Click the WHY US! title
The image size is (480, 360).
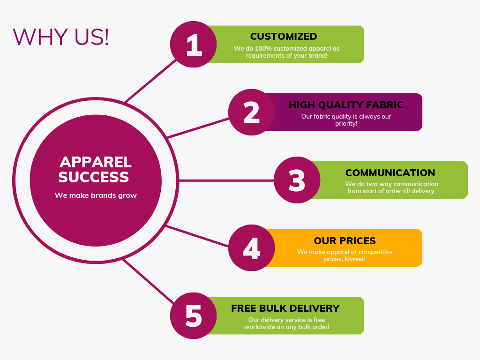60,37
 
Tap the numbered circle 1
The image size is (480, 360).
194,45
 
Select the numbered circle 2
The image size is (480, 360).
252,112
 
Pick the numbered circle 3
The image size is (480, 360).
297,180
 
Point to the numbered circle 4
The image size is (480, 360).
252,247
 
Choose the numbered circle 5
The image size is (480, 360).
194,315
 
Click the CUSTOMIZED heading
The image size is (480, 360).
284,37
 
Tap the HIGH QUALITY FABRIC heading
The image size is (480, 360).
346,105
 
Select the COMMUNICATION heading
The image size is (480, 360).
390,172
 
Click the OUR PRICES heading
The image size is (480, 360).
345,240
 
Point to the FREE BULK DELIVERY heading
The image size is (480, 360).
285,308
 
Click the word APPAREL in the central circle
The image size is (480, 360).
96,162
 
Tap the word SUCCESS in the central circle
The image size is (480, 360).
94,177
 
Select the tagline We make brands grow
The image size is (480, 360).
96,195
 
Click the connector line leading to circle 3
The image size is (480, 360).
226,180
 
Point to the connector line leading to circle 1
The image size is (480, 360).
150,81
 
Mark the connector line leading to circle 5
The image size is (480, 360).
149,281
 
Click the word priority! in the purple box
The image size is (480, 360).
346,124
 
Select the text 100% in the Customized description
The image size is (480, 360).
263,48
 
